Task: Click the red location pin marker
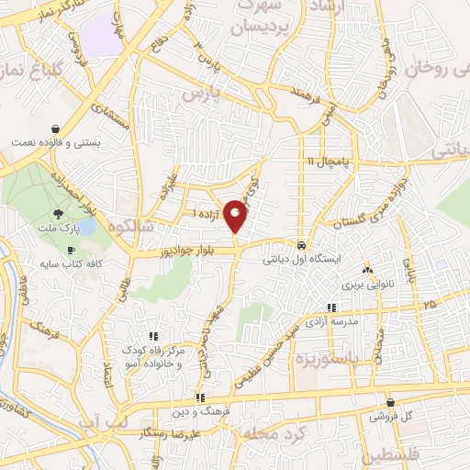237,215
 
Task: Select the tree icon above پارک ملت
59,212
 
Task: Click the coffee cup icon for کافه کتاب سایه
70,250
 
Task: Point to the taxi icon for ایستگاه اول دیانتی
301,245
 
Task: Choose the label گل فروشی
393,416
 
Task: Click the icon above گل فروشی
392,402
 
